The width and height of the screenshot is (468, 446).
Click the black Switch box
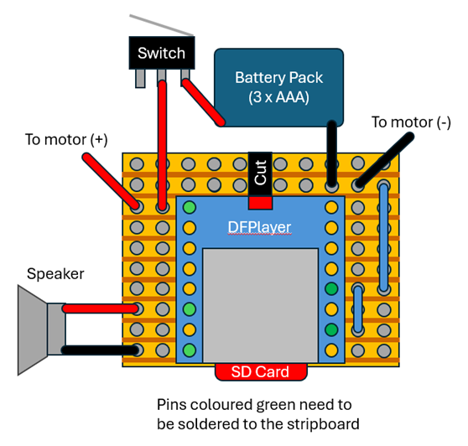point(162,53)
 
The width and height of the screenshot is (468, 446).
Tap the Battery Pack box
point(278,87)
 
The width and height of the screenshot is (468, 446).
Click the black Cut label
point(260,174)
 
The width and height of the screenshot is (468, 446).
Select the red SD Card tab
point(261,372)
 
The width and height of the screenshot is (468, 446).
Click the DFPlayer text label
point(259,227)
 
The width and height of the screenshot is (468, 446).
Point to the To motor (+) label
point(66,140)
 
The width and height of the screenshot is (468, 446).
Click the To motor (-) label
point(411,122)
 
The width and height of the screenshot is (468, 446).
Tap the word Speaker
point(55,273)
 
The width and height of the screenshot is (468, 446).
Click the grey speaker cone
point(32,330)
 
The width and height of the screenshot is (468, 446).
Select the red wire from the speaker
point(101,309)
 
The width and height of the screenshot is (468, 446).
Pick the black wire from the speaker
point(101,350)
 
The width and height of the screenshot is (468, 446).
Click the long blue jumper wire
point(384,238)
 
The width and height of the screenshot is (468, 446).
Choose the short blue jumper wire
point(357,309)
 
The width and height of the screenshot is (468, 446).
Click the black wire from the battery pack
point(332,154)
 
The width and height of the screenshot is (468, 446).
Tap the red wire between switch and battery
point(203,102)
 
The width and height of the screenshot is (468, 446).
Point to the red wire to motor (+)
point(111,180)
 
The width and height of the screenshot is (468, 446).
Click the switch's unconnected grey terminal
point(140,79)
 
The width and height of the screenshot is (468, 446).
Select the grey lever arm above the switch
point(162,25)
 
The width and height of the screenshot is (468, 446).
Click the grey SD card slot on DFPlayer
point(260,305)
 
